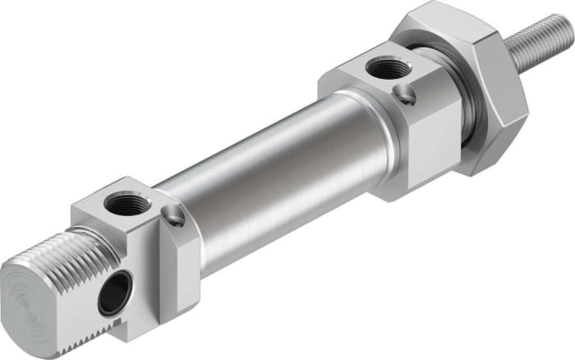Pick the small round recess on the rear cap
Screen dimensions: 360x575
172,218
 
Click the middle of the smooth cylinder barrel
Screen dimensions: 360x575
271,181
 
